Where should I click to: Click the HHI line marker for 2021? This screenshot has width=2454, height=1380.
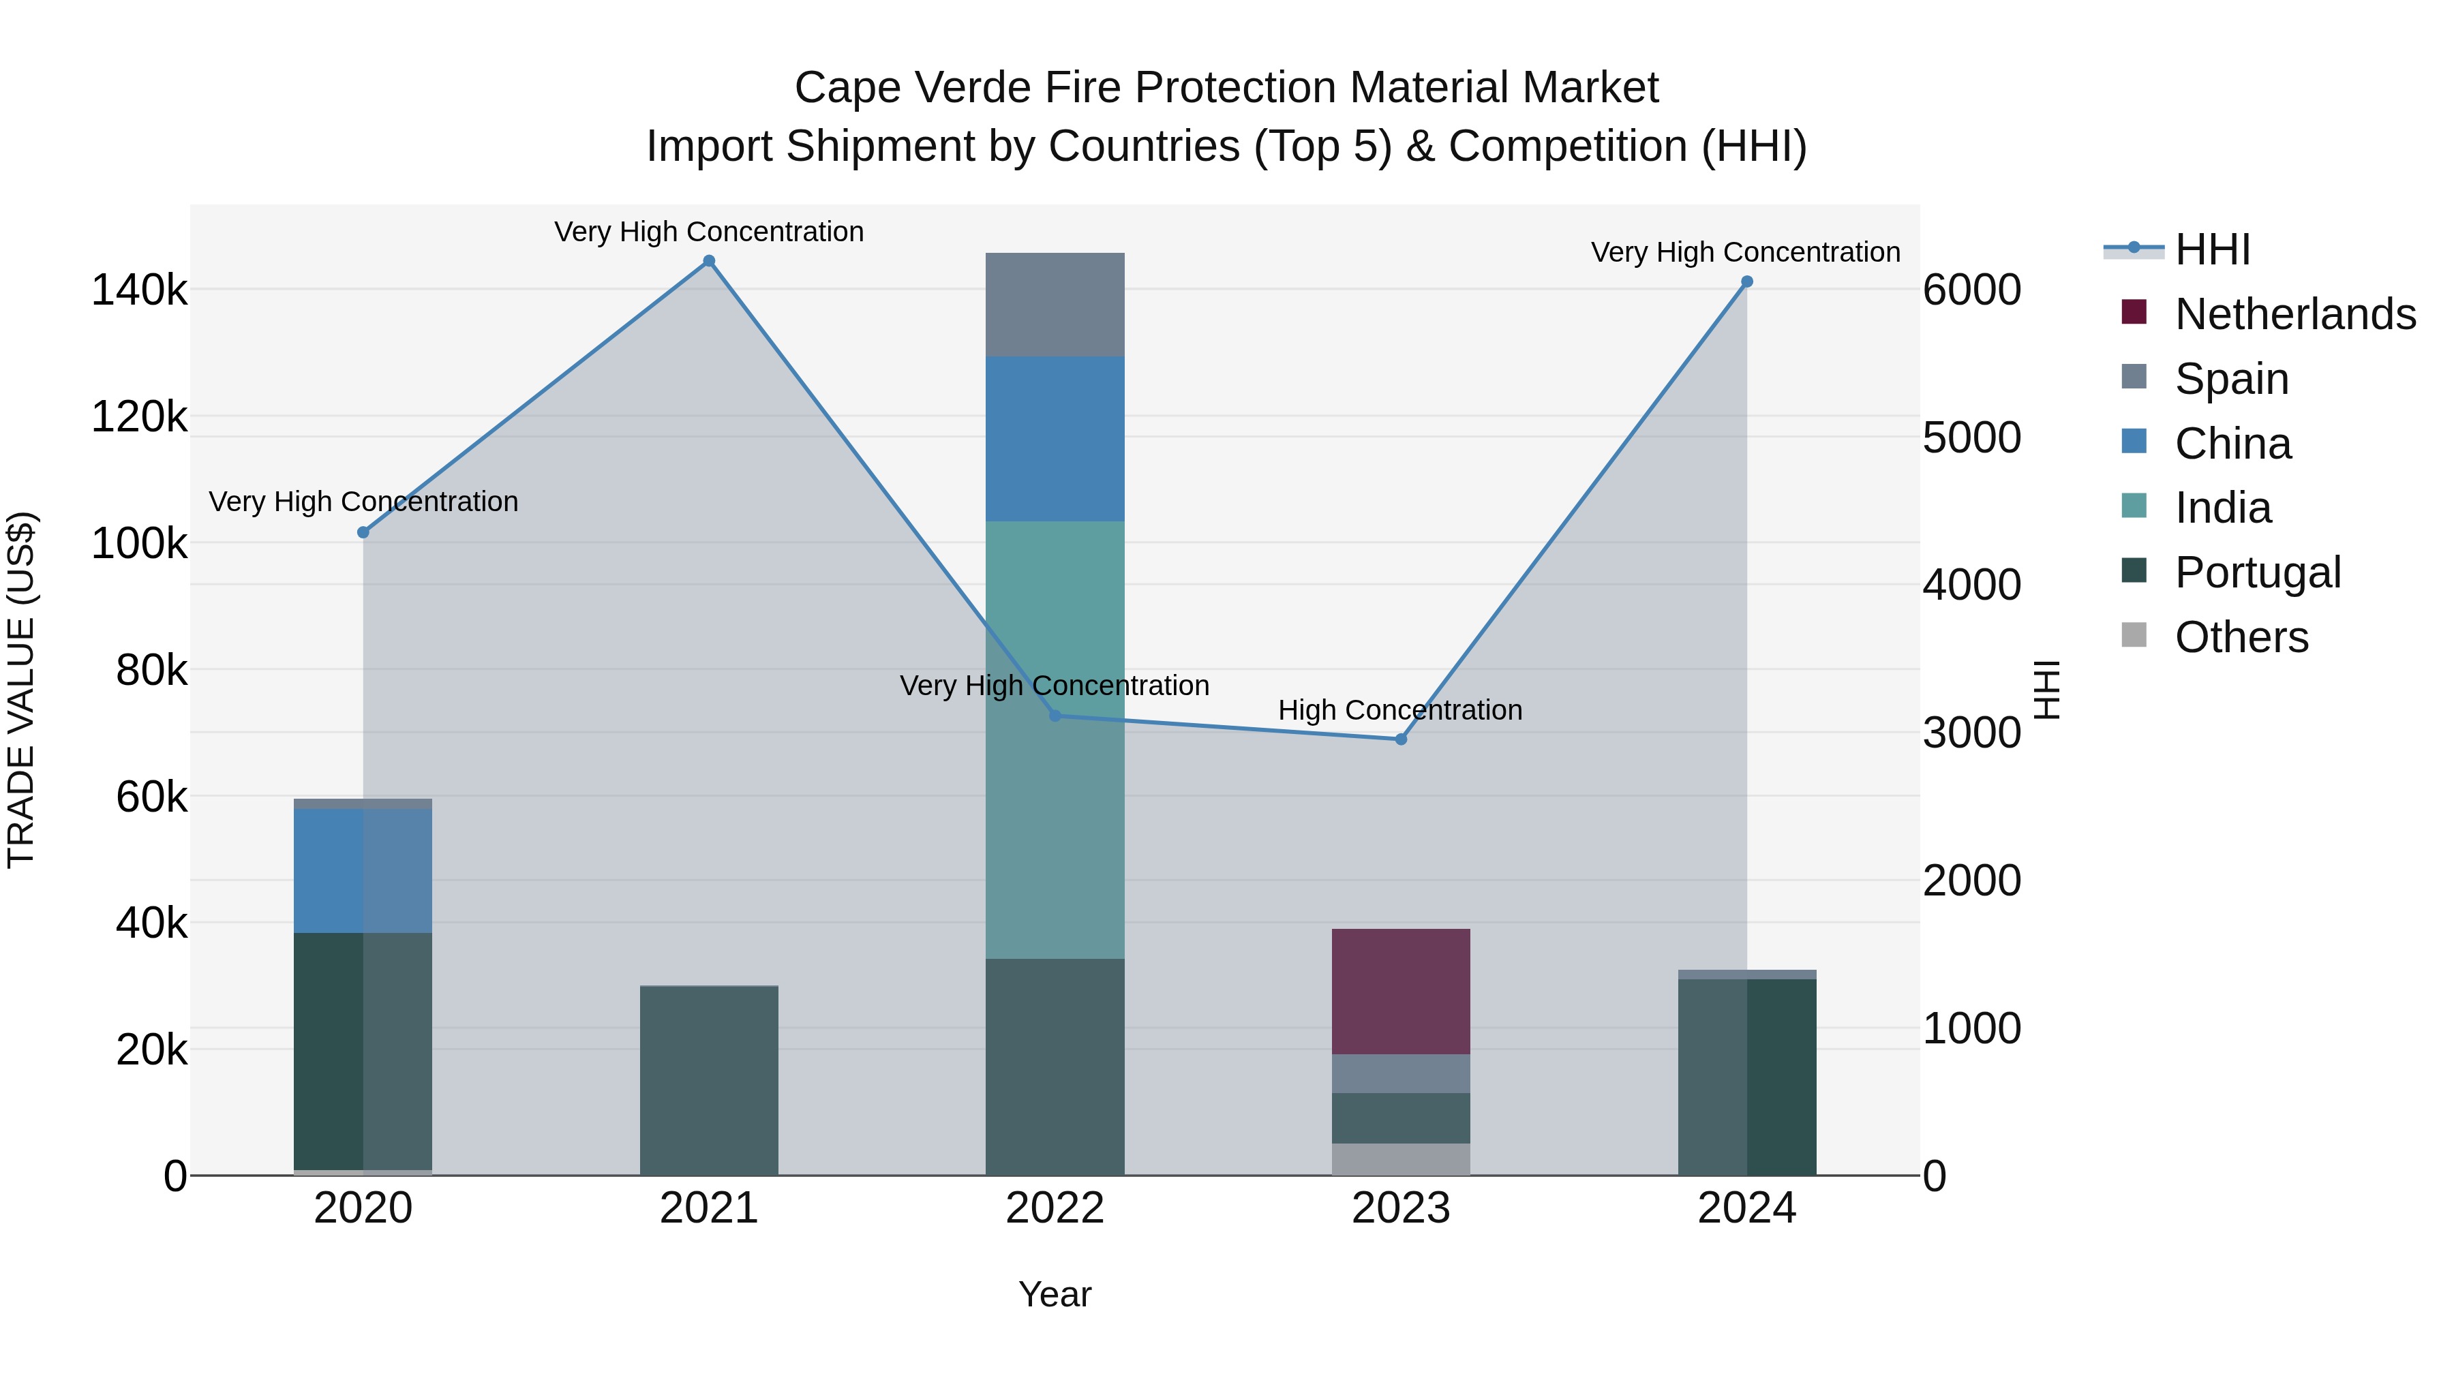(x=709, y=261)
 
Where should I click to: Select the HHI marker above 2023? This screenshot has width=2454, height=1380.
(x=1400, y=739)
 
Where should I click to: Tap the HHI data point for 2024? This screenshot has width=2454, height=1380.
(x=1746, y=282)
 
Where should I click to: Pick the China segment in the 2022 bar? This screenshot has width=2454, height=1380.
(x=1055, y=438)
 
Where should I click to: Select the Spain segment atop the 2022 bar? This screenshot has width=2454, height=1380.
(x=1055, y=305)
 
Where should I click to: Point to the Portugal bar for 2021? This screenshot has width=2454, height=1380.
(x=709, y=1080)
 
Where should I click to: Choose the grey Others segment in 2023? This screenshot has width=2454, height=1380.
(x=1400, y=1159)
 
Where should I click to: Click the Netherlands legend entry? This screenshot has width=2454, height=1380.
(x=2295, y=314)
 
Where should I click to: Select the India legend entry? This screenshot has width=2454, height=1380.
(x=2222, y=508)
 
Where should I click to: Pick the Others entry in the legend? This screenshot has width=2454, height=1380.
(x=2241, y=637)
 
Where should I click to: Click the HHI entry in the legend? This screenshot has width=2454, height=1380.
(x=2212, y=249)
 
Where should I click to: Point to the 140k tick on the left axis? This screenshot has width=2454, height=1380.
(x=139, y=290)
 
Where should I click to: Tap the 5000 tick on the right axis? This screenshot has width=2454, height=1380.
(x=1971, y=437)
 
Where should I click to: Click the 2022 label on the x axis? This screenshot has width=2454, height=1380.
(x=1055, y=1208)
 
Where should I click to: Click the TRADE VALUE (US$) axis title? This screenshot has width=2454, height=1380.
(x=21, y=690)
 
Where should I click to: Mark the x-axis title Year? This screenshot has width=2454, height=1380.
(x=1055, y=1294)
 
